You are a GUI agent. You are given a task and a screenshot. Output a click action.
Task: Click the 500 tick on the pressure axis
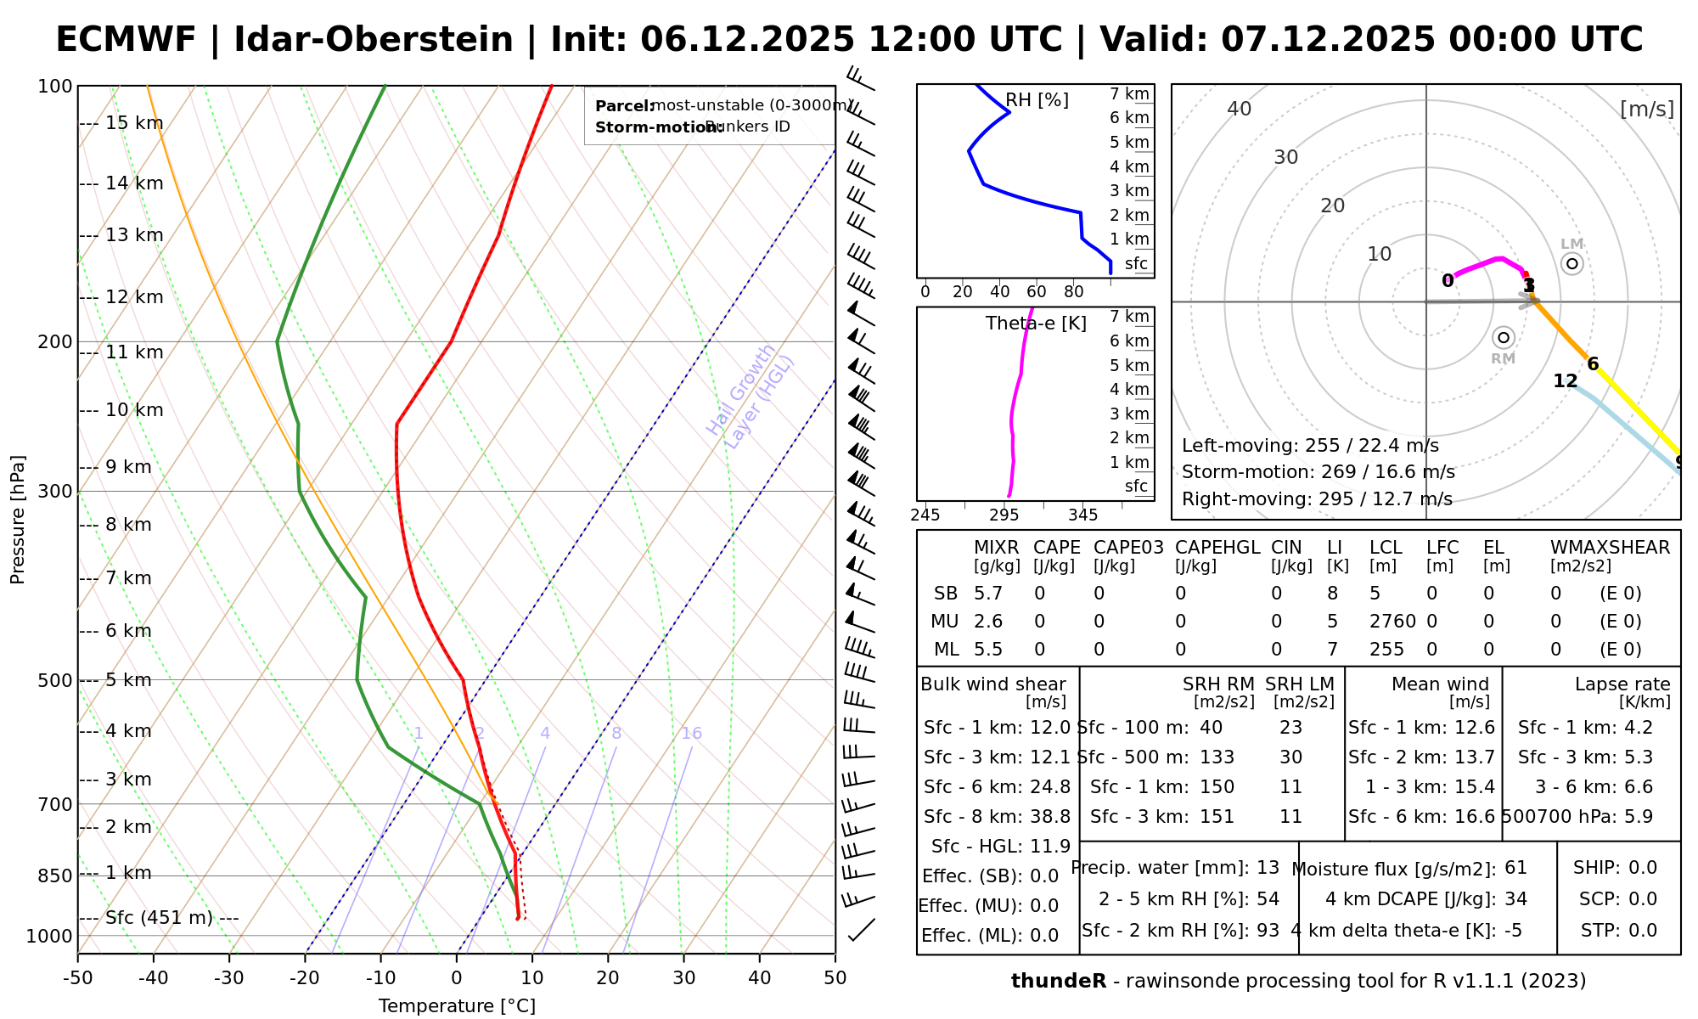pyautogui.click(x=56, y=680)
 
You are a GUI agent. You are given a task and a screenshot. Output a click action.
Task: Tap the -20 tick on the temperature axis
pyautogui.click(x=305, y=978)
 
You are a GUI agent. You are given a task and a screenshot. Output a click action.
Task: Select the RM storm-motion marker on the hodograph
pyautogui.click(x=1504, y=338)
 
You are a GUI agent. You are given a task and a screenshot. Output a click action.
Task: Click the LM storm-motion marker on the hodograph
pyautogui.click(x=1572, y=263)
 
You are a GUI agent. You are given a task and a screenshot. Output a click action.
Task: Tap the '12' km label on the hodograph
pyautogui.click(x=1565, y=381)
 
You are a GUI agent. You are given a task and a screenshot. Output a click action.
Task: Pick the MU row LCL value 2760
pyautogui.click(x=1392, y=622)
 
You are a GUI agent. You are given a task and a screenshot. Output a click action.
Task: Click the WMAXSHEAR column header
pyautogui.click(x=1610, y=548)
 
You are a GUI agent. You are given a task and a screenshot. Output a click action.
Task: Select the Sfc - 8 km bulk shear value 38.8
pyautogui.click(x=1050, y=817)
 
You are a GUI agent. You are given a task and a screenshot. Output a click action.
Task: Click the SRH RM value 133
pyautogui.click(x=1217, y=757)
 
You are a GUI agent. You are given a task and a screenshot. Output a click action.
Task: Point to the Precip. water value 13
pyautogui.click(x=1268, y=868)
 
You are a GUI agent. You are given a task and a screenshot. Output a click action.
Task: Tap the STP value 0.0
pyautogui.click(x=1642, y=931)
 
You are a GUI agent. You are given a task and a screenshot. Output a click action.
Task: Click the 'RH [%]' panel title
pyautogui.click(x=1037, y=100)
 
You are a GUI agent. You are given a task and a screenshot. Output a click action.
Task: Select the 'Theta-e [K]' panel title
pyautogui.click(x=1036, y=324)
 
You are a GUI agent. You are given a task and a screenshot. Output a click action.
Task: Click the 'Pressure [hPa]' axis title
pyautogui.click(x=18, y=520)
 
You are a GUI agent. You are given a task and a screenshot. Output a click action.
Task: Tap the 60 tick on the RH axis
pyautogui.click(x=1037, y=292)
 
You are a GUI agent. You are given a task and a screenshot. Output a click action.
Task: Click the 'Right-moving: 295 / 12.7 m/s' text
pyautogui.click(x=1317, y=499)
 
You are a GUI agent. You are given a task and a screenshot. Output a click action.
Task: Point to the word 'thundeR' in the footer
pyautogui.click(x=1059, y=982)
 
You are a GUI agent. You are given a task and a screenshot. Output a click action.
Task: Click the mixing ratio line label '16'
pyautogui.click(x=691, y=734)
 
